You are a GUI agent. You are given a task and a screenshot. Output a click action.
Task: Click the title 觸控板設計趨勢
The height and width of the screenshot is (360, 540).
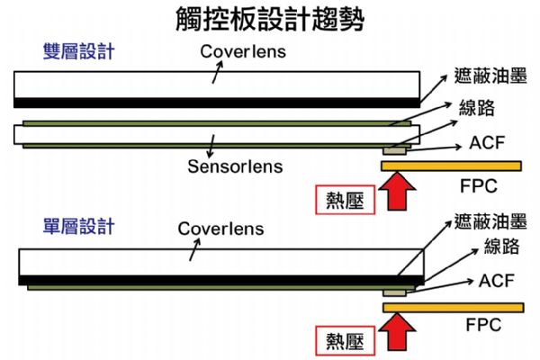coord(271,20)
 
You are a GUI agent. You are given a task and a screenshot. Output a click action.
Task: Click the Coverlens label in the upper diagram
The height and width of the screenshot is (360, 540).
coord(242,52)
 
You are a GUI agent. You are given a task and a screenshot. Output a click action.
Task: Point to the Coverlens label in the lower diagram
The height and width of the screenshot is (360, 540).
coord(220,228)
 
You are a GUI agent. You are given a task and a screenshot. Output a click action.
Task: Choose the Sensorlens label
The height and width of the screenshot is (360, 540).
coord(235,166)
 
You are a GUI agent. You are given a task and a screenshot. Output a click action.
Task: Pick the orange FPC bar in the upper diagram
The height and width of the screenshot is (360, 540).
coord(451,166)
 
